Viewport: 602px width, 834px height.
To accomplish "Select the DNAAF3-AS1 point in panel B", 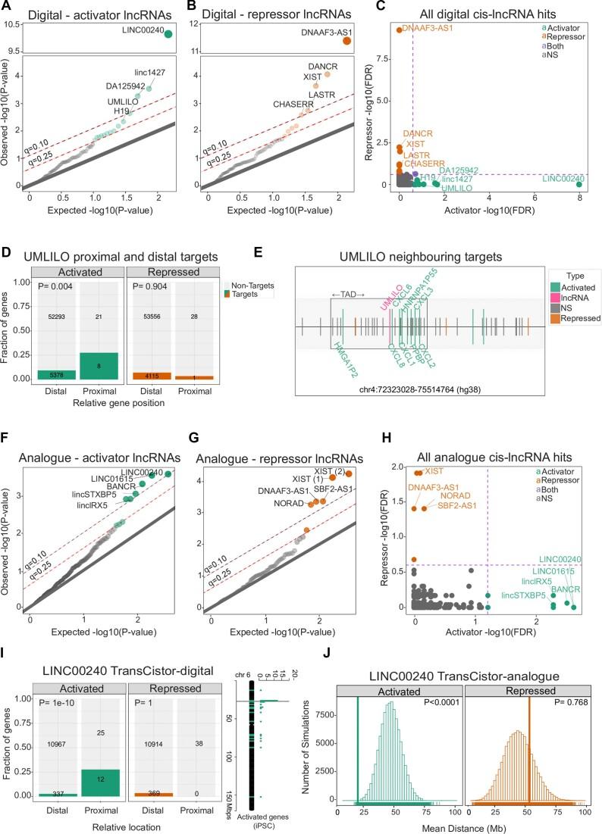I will pyautogui.click(x=347, y=40).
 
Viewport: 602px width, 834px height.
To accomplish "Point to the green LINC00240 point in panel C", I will pyautogui.click(x=579, y=183).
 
